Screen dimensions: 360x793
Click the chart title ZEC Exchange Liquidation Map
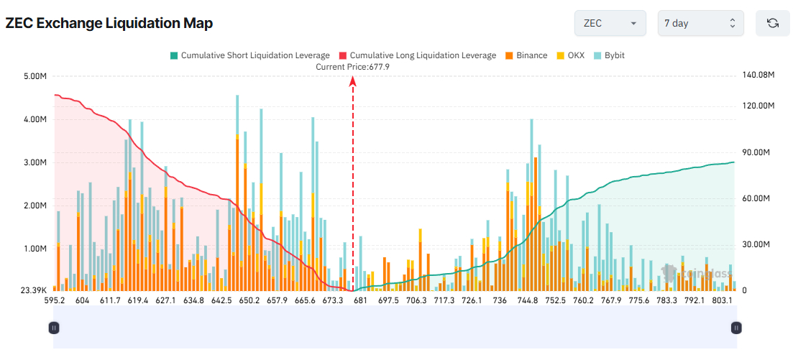click(x=109, y=23)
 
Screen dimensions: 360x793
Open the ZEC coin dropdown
click(x=610, y=23)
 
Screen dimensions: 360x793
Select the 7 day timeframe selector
click(x=700, y=23)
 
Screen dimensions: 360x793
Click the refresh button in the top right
click(x=773, y=23)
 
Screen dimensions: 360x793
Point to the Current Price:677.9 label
click(x=352, y=67)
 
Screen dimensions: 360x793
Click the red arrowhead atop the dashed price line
click(x=353, y=81)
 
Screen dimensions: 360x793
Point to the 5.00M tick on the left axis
click(x=35, y=76)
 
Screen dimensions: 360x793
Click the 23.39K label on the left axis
click(x=34, y=291)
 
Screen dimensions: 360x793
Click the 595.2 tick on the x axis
click(x=55, y=300)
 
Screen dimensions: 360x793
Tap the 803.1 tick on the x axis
click(x=722, y=300)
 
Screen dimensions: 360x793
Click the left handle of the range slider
click(x=54, y=328)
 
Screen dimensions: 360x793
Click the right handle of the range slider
click(x=735, y=328)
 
